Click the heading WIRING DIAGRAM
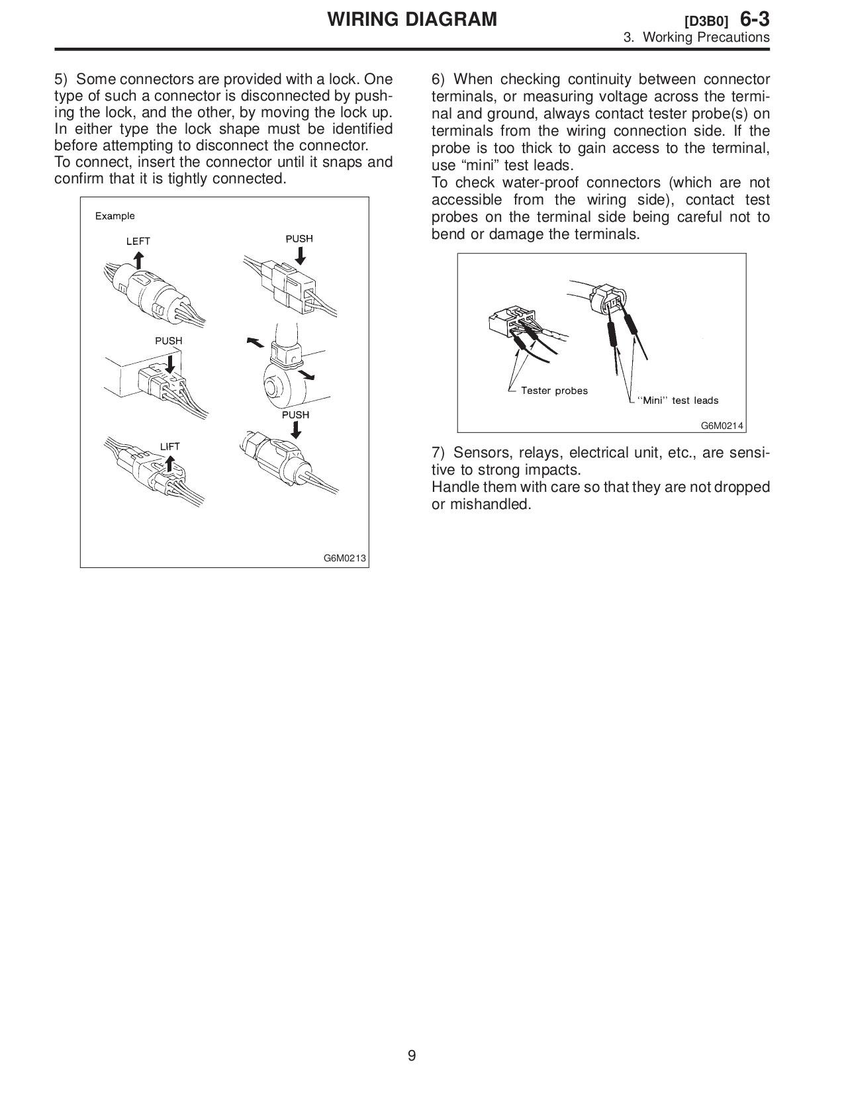click(412, 19)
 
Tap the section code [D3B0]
click(706, 21)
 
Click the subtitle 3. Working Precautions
click(696, 38)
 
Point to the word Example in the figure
click(115, 216)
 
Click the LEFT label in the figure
click(138, 241)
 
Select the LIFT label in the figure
click(169, 446)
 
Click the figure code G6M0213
click(344, 558)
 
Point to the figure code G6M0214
click(722, 425)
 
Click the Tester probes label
click(554, 391)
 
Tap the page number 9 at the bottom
click(412, 1055)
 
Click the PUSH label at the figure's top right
click(299, 238)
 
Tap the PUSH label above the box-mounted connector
click(168, 341)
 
